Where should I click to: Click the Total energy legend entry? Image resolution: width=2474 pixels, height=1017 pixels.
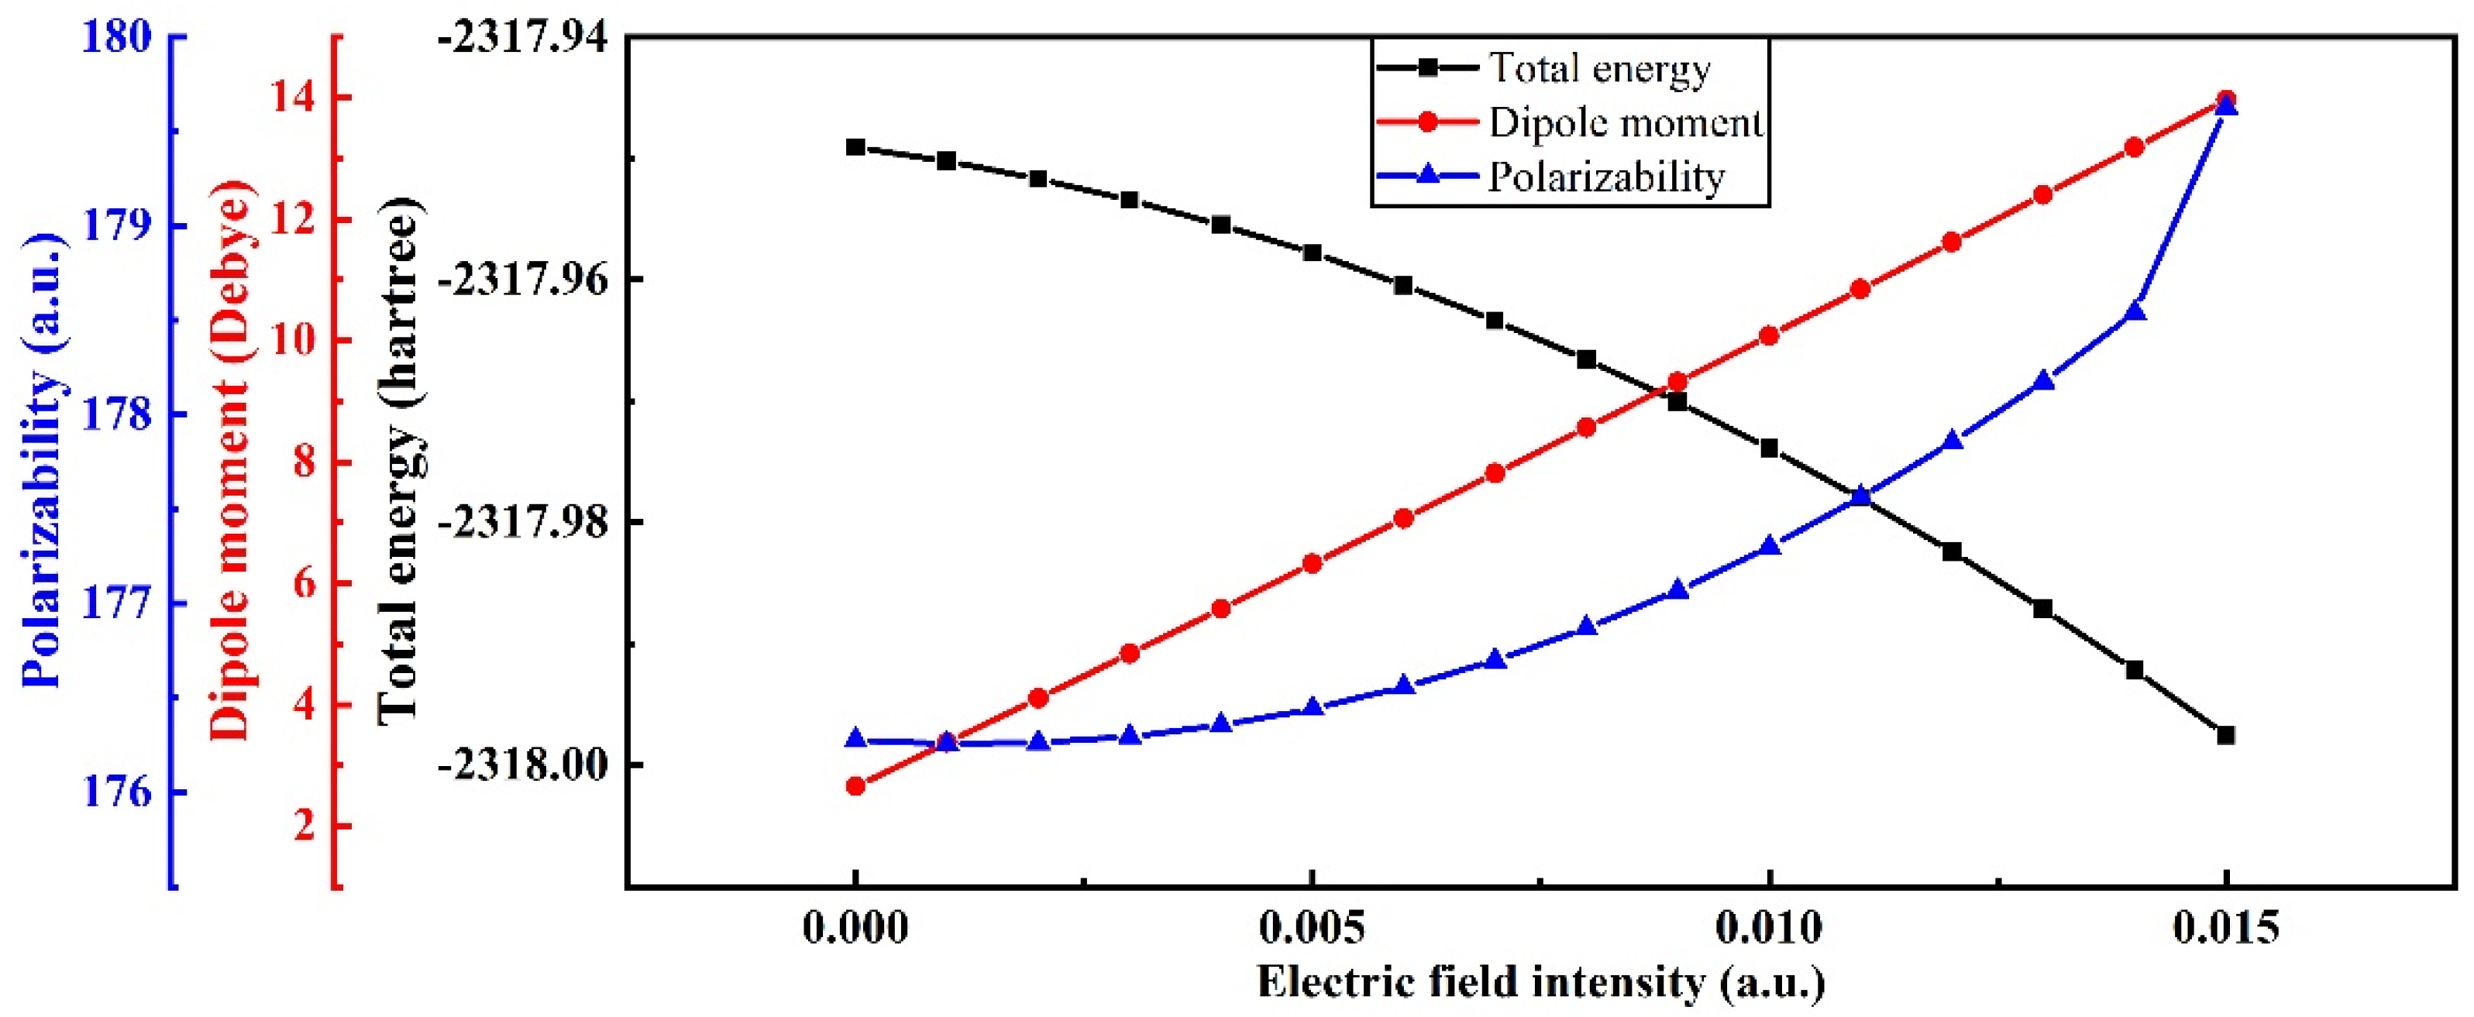click(x=1544, y=68)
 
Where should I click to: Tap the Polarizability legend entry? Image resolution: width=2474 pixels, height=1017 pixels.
click(x=1551, y=176)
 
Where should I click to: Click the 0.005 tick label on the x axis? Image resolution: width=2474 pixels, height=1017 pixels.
click(x=1311, y=929)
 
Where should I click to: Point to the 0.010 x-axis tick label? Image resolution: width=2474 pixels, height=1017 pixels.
click(x=1769, y=929)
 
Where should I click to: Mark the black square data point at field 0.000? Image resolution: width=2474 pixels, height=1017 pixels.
click(x=855, y=147)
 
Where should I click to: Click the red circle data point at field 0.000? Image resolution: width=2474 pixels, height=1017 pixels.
click(x=855, y=786)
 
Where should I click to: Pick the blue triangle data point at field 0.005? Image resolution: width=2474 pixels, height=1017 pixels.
click(x=1313, y=709)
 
